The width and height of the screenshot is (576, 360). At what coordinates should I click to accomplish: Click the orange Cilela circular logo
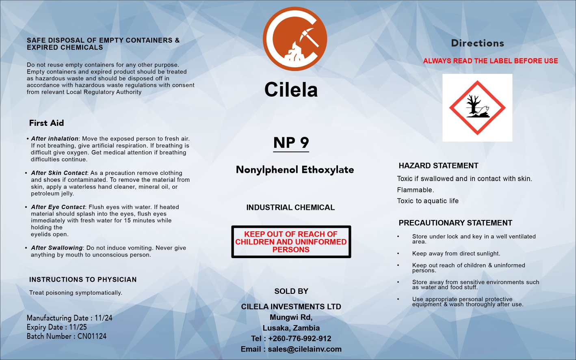coord(294,39)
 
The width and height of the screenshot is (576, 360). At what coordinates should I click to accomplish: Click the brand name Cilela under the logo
coord(291,90)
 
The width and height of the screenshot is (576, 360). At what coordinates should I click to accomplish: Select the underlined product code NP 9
coord(291,143)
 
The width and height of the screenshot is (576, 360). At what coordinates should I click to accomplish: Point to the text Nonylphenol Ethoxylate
coord(294,170)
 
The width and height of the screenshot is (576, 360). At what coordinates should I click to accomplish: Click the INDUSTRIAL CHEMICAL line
coord(290,207)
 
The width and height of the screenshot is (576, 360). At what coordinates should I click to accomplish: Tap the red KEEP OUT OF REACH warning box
coord(291,242)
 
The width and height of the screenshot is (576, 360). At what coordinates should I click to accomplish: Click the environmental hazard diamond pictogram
coord(477,108)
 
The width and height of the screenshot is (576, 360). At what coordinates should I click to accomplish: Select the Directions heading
coord(477,43)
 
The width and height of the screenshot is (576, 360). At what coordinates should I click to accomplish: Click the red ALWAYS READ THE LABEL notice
coord(490,61)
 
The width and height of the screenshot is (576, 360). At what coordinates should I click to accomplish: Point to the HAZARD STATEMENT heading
coord(438,166)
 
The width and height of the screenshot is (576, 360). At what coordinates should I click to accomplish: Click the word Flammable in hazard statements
coord(415,190)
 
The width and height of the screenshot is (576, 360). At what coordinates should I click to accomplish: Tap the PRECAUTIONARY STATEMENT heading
coord(455,223)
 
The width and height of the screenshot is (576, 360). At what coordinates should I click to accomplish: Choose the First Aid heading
coord(46,123)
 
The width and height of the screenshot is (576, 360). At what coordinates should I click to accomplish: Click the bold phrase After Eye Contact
coord(58,207)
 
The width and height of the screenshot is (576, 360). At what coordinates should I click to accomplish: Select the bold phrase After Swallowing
coord(57,248)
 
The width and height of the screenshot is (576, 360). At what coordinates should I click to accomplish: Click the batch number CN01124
coord(92,336)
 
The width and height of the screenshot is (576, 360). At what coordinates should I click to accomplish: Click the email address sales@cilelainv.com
coord(305,349)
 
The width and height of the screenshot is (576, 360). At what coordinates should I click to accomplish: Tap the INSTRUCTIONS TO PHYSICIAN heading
coord(83,280)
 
